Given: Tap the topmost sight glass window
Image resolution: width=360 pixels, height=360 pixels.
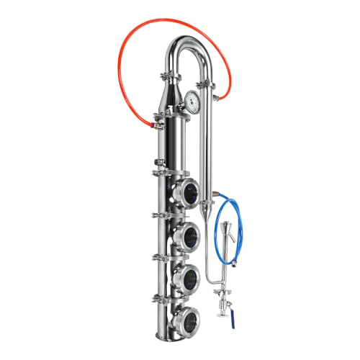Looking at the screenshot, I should (x=189, y=191).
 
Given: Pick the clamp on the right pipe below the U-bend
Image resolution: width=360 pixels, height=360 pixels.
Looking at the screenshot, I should (x=207, y=86).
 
